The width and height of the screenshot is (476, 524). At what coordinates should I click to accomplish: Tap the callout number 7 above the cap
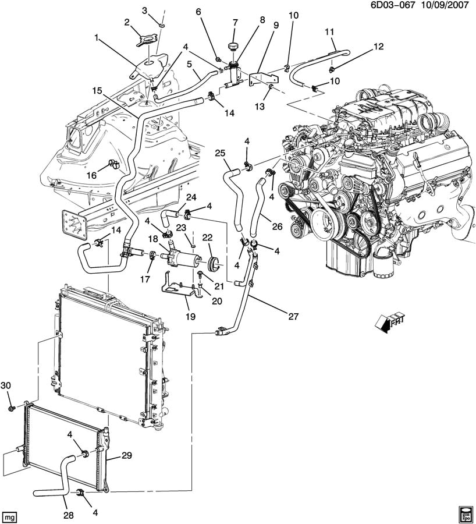[236, 23]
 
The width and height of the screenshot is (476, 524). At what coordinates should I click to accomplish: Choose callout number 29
[126, 456]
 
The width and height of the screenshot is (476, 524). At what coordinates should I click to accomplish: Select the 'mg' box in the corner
[9, 515]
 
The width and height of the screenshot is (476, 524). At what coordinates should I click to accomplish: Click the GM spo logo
[464, 512]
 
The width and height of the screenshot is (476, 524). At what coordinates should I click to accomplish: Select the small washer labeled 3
[162, 25]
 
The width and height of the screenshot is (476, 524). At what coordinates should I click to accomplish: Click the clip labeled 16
[114, 164]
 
